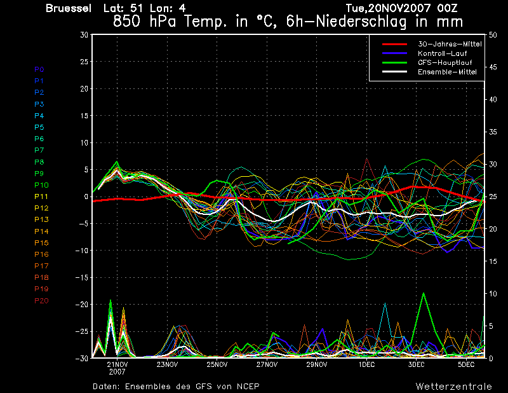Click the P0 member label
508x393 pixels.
tap(39, 69)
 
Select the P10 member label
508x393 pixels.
tap(41, 185)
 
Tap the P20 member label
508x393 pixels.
tap(41, 301)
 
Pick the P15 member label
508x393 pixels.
tap(41, 243)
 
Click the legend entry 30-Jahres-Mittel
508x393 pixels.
tap(450, 44)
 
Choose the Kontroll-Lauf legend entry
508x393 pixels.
tap(442, 53)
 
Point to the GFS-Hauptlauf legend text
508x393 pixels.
tap(445, 62)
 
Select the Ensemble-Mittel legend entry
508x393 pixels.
tap(447, 72)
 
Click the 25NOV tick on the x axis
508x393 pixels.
tap(217, 364)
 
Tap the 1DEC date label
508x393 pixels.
tap(367, 364)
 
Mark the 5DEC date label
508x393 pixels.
tap(466, 364)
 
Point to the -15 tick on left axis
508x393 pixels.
tap(82, 277)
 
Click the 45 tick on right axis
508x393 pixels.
tap(493, 67)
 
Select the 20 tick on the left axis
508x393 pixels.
tap(84, 88)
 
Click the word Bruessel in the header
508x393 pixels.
tap(69, 8)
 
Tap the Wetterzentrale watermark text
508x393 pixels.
tap(454, 387)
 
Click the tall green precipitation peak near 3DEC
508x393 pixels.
tap(423, 293)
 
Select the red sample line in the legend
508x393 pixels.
tap(394, 44)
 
